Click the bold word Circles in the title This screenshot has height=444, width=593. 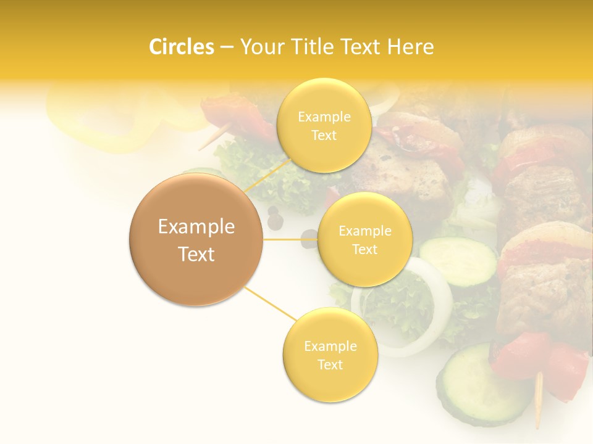tap(182, 47)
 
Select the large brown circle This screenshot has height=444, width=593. tap(196, 239)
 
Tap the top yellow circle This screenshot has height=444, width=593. tap(324, 125)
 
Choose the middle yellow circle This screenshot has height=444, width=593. tap(364, 239)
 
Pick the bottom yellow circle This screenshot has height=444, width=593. tap(330, 355)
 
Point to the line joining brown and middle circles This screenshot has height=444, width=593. tap(290, 239)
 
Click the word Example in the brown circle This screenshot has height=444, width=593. tap(196, 227)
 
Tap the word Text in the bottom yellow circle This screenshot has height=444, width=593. tap(330, 364)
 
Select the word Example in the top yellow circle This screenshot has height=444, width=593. tap(324, 117)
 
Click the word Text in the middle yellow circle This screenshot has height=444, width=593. tap(364, 249)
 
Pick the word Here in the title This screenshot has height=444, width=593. tap(411, 47)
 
